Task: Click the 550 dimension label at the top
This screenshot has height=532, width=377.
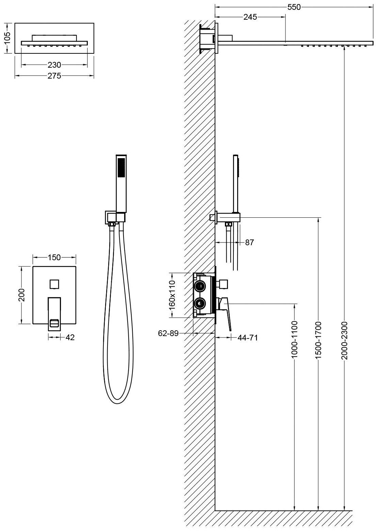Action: point(294,7)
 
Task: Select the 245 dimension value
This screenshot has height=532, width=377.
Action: point(250,17)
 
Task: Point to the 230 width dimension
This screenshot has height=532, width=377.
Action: point(54,65)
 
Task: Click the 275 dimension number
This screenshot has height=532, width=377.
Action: point(54,76)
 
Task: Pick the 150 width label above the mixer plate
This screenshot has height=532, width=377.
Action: point(54,257)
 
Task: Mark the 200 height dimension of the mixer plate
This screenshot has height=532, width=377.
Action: point(21,295)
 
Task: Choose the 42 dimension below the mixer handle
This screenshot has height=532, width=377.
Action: point(69,337)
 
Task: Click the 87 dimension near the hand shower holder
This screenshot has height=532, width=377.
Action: point(249,243)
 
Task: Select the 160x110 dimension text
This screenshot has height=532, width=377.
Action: point(172,295)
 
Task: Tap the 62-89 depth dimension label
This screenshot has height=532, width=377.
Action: point(168,334)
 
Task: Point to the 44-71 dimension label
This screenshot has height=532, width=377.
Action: point(247,337)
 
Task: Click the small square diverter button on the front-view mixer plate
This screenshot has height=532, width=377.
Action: point(54,283)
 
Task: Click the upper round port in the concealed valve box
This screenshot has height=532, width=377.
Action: point(200,286)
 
